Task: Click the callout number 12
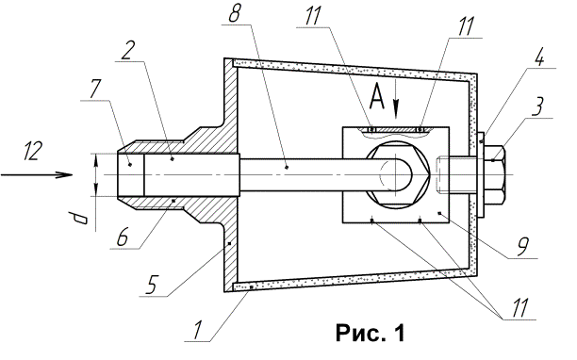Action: click(31, 151)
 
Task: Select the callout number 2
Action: click(128, 50)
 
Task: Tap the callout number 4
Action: click(539, 57)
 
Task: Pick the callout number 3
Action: click(538, 107)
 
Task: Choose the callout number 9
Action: click(522, 248)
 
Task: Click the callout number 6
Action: click(123, 237)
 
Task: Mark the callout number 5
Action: click(151, 285)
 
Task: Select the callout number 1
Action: click(197, 331)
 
